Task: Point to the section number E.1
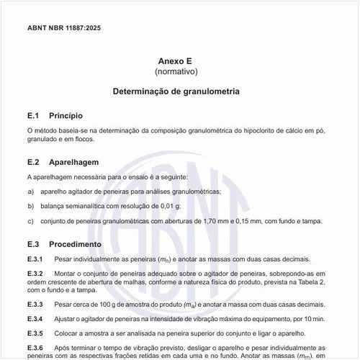coord(32,115)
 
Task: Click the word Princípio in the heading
coord(66,115)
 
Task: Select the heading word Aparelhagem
coord(73,162)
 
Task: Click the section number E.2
coord(32,162)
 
